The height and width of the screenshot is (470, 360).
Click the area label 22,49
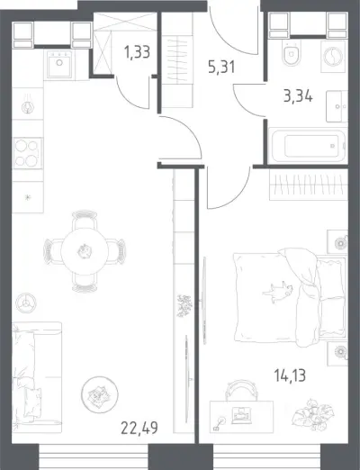click(x=139, y=428)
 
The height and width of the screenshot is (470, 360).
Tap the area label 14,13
click(x=290, y=375)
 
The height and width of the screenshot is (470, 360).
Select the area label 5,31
click(x=221, y=67)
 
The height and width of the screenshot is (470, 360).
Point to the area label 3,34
click(x=298, y=96)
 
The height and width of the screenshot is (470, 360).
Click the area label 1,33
click(x=137, y=52)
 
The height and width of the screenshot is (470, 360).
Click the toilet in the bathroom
click(x=292, y=53)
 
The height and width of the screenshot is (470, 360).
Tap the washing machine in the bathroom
click(x=333, y=57)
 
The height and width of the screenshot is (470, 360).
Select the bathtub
click(x=308, y=146)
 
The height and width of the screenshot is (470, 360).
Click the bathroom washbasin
click(x=337, y=106)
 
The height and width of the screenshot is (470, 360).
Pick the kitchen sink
click(x=59, y=64)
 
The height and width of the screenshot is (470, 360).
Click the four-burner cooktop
click(x=27, y=153)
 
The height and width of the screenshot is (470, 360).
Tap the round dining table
click(x=84, y=251)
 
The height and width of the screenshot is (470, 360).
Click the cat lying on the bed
click(x=277, y=291)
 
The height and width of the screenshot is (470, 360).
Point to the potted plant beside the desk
click(x=313, y=413)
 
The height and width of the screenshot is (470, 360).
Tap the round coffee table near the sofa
click(x=100, y=394)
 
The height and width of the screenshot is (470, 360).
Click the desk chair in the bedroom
click(x=241, y=390)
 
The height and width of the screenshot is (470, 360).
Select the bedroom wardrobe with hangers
click(x=309, y=185)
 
